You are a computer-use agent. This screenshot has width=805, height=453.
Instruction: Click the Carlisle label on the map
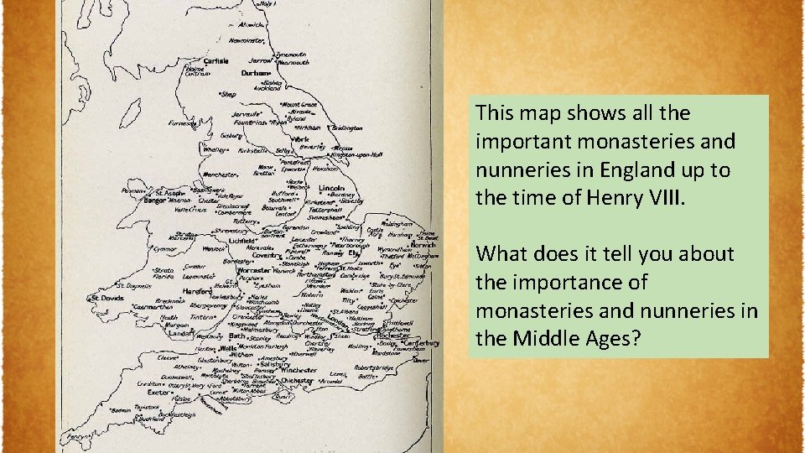(216, 60)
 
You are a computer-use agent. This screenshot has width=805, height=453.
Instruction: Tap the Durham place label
(257, 73)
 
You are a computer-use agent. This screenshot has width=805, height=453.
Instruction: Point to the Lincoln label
(332, 188)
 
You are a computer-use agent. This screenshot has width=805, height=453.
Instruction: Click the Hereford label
(216, 291)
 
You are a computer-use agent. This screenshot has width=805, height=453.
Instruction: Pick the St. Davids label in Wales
(108, 297)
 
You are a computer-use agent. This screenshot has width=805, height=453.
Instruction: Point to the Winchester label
(297, 368)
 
